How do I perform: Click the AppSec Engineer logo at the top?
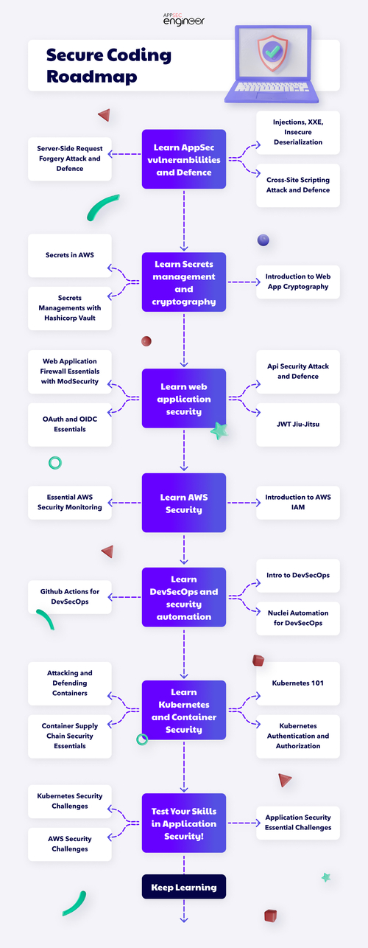[x=184, y=18]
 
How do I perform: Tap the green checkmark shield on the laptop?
[x=272, y=54]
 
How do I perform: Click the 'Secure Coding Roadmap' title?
[x=108, y=66]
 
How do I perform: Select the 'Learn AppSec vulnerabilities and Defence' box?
[x=184, y=158]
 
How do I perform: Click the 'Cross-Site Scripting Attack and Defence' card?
[x=298, y=185]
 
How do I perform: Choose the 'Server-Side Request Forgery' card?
[x=70, y=158]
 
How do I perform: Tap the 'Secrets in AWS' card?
[x=70, y=255]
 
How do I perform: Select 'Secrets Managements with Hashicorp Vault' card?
[x=70, y=307]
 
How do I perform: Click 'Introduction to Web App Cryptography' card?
[x=298, y=282]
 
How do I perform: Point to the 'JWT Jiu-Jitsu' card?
[x=298, y=424]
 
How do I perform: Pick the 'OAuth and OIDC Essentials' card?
[x=70, y=424]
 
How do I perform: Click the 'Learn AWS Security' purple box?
[x=184, y=503]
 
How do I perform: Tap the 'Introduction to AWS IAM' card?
[x=298, y=503]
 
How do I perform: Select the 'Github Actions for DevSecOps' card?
[x=70, y=596]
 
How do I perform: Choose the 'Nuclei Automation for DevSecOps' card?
[x=298, y=618]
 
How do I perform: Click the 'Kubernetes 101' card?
[x=298, y=683]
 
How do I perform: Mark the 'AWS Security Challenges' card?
[x=70, y=843]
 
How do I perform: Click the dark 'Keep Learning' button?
[x=184, y=888]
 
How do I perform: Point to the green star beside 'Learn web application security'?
[x=219, y=431]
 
